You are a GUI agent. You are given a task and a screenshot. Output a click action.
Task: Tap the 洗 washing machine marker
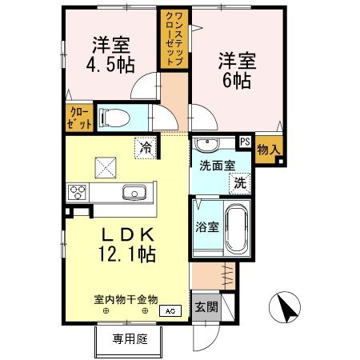[x=239, y=182]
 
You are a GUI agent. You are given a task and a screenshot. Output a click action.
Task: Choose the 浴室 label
[x=208, y=226]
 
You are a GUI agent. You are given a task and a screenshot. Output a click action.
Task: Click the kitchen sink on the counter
[x=133, y=192]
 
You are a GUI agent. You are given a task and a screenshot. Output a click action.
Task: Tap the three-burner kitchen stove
[x=79, y=192]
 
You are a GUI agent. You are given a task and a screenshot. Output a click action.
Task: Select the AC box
[x=170, y=310]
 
